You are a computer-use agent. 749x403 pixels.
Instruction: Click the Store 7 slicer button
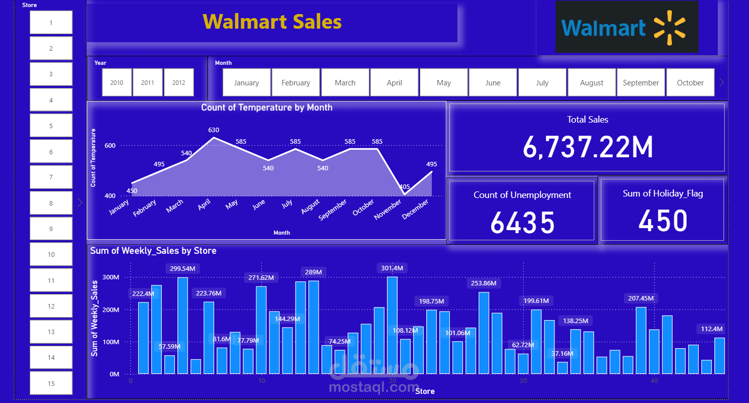51,177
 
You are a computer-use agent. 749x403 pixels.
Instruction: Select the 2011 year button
148,82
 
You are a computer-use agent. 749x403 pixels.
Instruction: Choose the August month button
592,82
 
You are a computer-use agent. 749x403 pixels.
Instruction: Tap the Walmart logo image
626,27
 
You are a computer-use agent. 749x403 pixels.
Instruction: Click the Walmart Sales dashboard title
272,22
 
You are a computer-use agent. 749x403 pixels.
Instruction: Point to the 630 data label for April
214,130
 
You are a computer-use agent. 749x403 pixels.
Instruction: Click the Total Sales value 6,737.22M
587,148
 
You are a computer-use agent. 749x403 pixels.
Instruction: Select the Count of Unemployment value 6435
522,223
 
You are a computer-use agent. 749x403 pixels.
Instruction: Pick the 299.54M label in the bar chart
182,269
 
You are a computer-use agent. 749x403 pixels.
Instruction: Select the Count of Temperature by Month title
266,108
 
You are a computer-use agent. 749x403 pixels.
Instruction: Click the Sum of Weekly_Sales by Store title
153,251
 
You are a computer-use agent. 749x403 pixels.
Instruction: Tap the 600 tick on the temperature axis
110,146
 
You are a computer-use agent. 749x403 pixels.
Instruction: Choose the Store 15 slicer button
51,384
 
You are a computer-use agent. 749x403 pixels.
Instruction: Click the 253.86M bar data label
484,283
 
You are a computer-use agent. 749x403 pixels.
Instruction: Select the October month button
690,82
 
